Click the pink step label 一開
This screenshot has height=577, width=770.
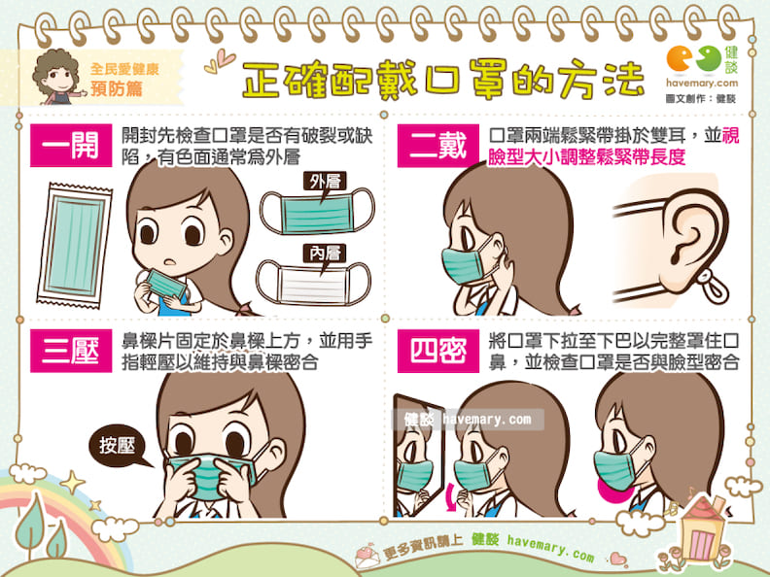[71, 146]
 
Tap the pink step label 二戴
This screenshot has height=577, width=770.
[438, 146]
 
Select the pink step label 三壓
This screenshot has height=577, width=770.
[71, 351]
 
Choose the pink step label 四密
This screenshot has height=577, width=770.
[438, 351]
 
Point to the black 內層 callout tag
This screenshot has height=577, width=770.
[325, 255]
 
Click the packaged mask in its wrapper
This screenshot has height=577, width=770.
[75, 245]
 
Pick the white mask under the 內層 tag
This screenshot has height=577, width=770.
[314, 283]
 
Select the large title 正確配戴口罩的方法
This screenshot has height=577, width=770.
[443, 79]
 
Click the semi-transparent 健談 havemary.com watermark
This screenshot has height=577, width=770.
[468, 420]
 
